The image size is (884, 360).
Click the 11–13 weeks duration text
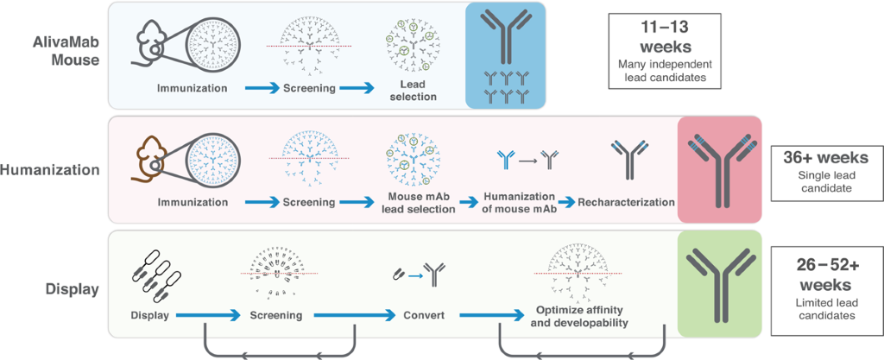pyautogui.click(x=662, y=36)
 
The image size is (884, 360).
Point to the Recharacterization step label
pyautogui.click(x=625, y=202)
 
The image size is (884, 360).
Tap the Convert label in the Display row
pyautogui.click(x=424, y=315)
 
